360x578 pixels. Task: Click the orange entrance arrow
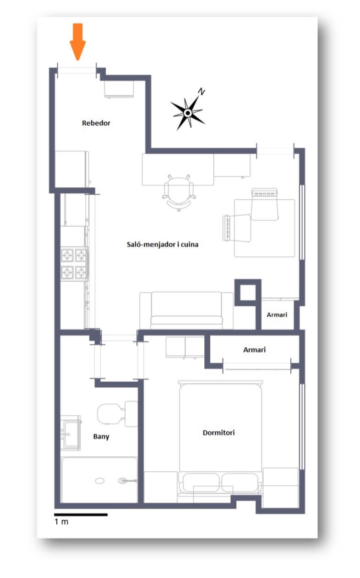[77, 42]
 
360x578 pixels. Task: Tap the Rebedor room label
[96, 123]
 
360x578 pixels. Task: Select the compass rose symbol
[188, 113]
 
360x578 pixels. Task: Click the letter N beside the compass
[202, 92]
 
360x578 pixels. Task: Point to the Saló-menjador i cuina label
[163, 244]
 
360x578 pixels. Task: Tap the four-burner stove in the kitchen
[74, 264]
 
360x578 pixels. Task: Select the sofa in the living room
[186, 310]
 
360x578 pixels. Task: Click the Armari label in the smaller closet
[277, 315]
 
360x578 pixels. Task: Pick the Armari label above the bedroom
[254, 350]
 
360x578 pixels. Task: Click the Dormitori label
[218, 433]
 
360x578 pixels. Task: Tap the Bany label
[101, 437]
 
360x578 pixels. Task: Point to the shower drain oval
[100, 481]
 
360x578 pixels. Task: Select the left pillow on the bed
[201, 483]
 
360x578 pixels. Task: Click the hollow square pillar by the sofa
[248, 292]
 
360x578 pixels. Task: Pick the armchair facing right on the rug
[237, 228]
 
